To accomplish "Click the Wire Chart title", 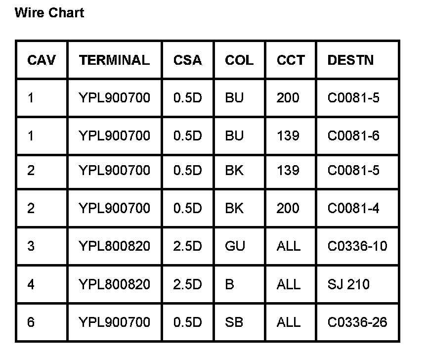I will point(49,13).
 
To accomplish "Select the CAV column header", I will point(42,60).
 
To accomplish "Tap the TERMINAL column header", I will point(114,60).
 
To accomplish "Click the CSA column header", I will point(188,60).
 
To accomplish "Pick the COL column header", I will point(239,60).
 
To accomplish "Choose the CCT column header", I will point(291,60).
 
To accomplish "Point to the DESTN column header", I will point(350,60).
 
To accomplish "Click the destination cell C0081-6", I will point(353,135).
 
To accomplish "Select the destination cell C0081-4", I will point(353,208).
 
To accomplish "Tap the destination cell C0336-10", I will point(357,246).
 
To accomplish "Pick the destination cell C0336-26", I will point(357,322).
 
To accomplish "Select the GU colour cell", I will point(235,246).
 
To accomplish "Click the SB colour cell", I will point(234,322).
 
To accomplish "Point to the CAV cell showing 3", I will point(31,246).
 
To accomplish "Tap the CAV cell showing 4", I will point(31,284).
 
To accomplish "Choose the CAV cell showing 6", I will point(31,322).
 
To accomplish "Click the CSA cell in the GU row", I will point(188,246).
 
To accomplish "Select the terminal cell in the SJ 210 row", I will point(114,284).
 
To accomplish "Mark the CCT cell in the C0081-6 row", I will point(288,135).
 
